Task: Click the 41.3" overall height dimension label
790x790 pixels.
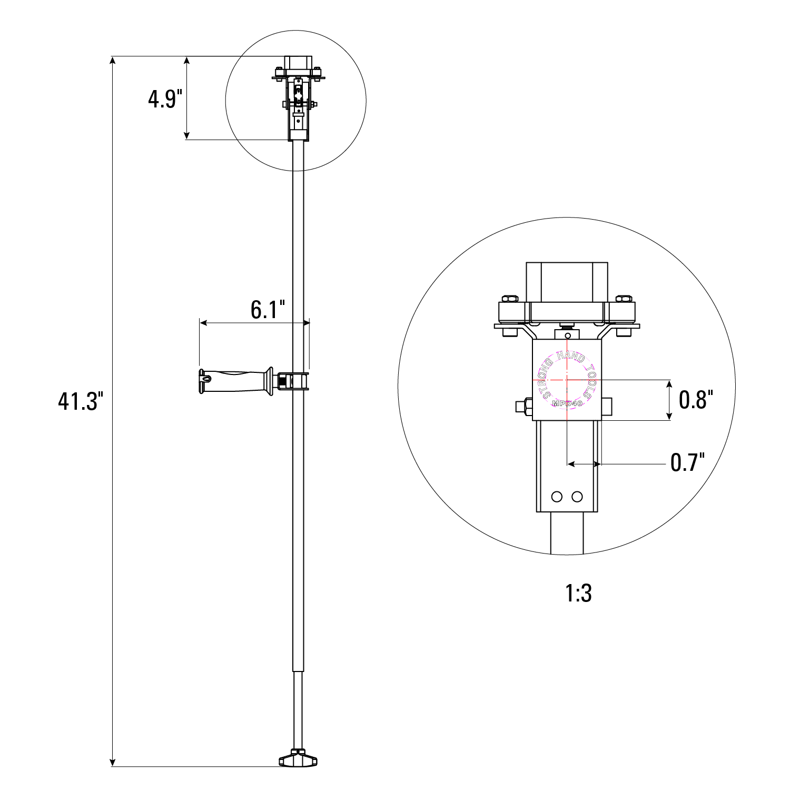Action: [x=78, y=402]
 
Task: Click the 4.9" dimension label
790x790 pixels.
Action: [x=165, y=99]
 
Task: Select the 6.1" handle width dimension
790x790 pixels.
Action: [x=268, y=310]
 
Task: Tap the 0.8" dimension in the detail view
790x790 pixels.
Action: [x=695, y=400]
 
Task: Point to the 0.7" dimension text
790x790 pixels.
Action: [x=687, y=462]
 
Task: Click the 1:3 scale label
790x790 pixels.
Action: [x=578, y=594]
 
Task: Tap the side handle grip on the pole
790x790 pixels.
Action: [x=237, y=381]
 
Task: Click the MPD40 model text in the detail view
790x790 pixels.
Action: [x=567, y=403]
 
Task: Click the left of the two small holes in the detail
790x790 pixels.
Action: [x=557, y=497]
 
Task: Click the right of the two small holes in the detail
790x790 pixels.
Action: [x=577, y=497]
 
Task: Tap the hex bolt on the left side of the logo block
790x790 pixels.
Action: [x=523, y=407]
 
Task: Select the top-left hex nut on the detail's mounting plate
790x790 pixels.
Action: [x=510, y=299]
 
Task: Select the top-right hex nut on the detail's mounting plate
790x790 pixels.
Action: [x=624, y=299]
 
